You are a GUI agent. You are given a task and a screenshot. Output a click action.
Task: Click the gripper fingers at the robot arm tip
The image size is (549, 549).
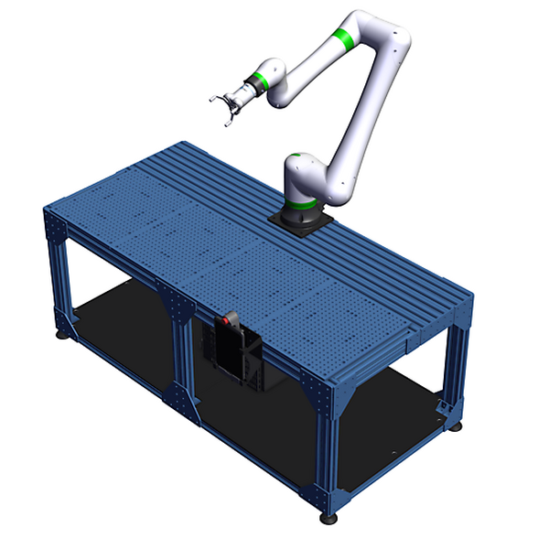pyautogui.click(x=223, y=106)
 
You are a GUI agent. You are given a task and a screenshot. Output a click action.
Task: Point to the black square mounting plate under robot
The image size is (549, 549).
pyautogui.click(x=301, y=221)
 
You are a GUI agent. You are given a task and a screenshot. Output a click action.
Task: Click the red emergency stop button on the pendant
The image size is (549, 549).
pyautogui.click(x=230, y=323)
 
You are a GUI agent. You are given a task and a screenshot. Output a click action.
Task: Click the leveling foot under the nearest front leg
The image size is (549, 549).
pyautogui.click(x=328, y=518)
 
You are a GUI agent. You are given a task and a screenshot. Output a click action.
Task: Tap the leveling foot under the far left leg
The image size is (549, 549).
pyautogui.click(x=63, y=334)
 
